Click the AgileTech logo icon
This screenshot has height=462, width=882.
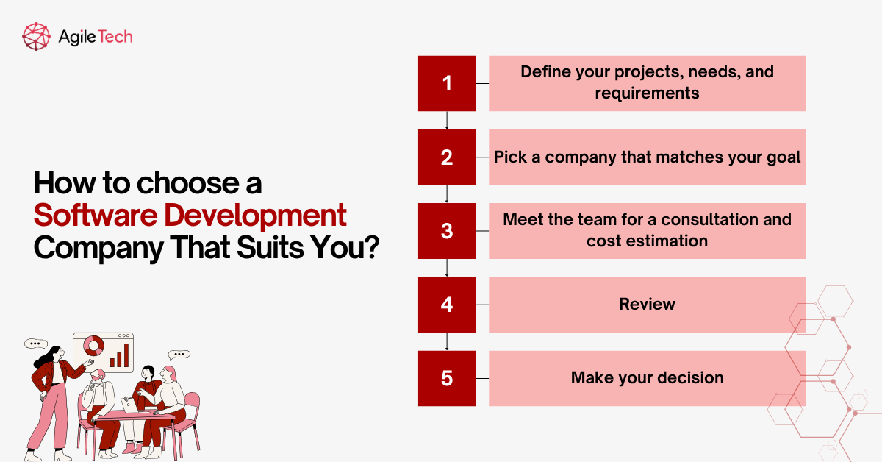[37, 35]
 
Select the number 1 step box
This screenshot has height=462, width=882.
[447, 83]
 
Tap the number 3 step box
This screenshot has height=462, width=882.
[447, 230]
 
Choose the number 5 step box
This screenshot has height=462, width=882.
[447, 378]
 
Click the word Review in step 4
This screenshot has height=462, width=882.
[647, 305]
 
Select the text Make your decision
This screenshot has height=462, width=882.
[647, 378]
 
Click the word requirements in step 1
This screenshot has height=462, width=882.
[647, 93]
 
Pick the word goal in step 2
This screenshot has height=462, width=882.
[783, 157]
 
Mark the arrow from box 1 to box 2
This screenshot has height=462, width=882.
[447, 121]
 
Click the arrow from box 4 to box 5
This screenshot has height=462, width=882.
[447, 341]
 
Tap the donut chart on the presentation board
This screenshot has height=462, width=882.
[93, 345]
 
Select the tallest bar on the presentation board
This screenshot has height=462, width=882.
[126, 355]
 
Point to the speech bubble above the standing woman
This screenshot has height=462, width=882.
[35, 344]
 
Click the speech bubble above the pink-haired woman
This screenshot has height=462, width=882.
[179, 354]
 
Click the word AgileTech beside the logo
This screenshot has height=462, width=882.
[96, 35]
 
